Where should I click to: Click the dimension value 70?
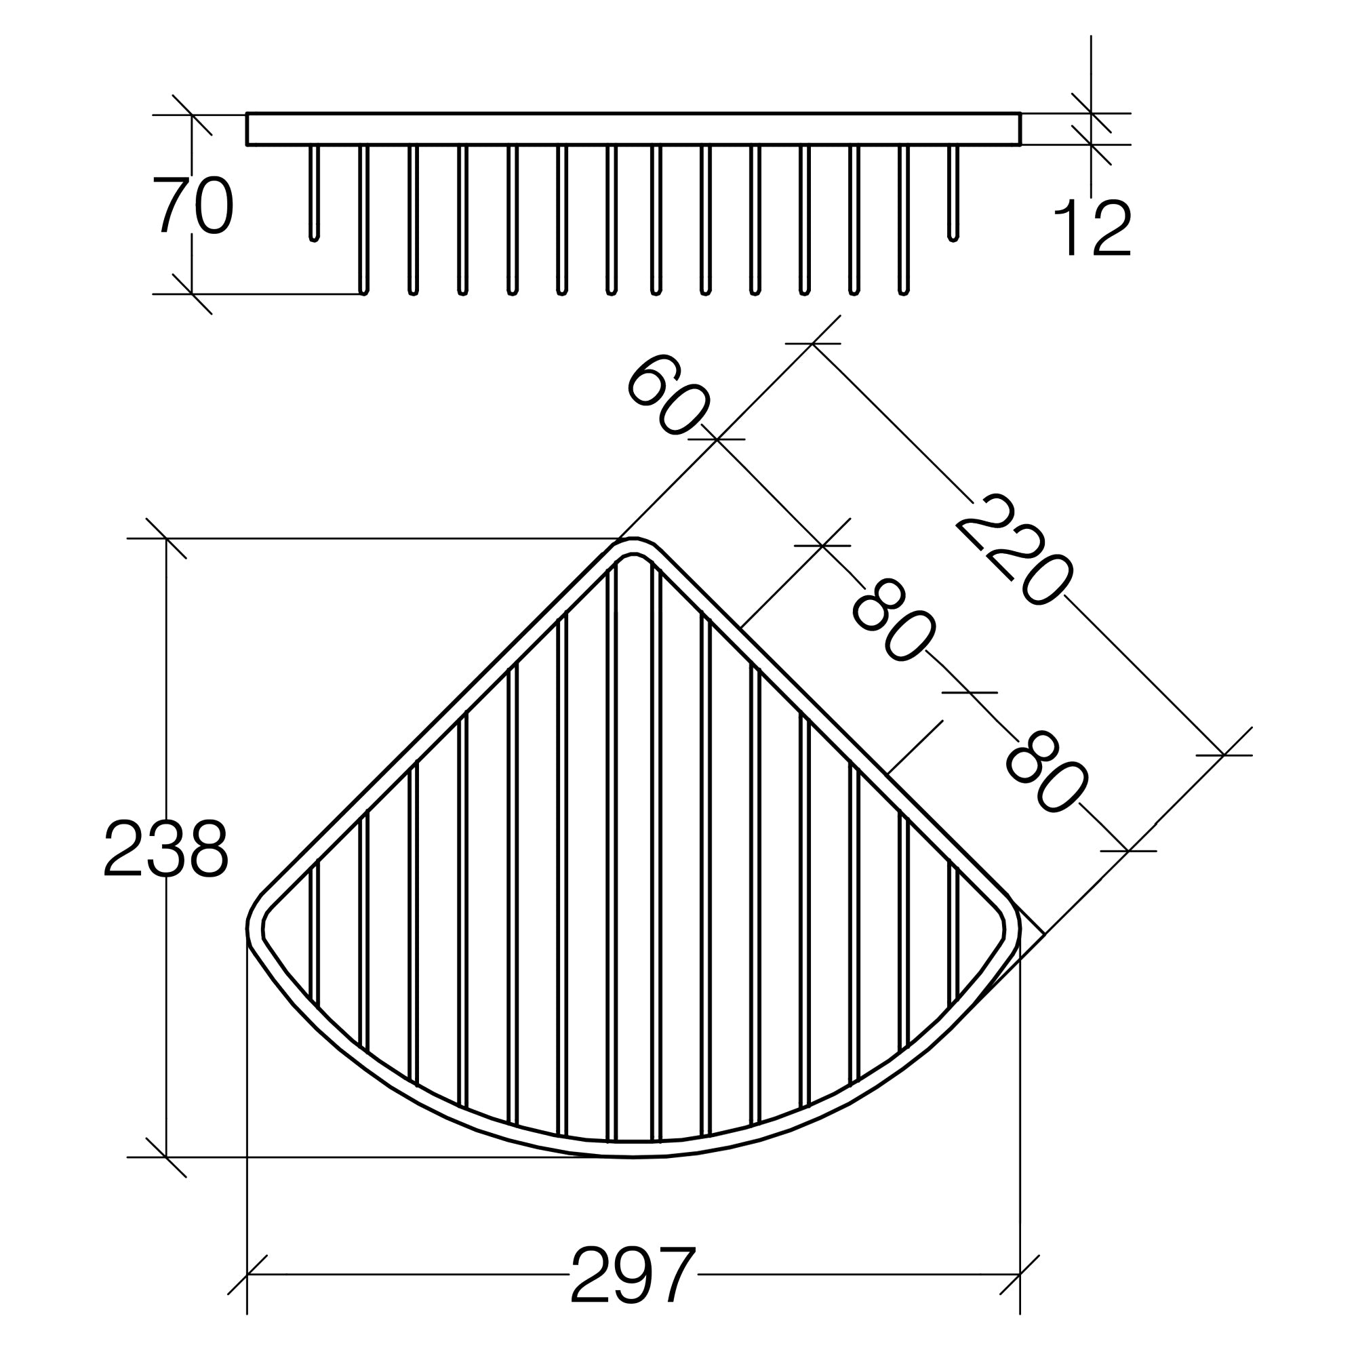pos(193,205)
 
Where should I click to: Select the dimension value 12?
pos(1092,227)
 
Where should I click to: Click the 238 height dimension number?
pos(166,848)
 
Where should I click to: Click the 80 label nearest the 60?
pos(894,620)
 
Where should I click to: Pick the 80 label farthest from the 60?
pos(1046,773)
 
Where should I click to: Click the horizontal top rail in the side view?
pos(633,128)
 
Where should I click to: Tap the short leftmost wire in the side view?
pos(314,193)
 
